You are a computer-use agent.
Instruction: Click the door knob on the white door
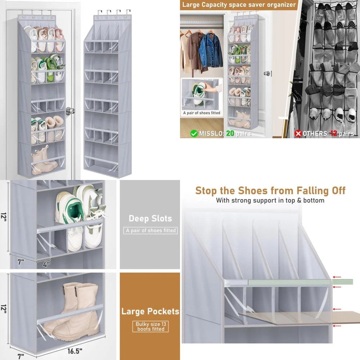coord(70,111)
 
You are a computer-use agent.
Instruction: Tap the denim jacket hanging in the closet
coord(211,50)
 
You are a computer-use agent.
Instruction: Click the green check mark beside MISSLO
coord(194,134)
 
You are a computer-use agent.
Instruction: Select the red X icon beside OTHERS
coord(298,134)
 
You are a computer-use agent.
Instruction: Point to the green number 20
coord(230,134)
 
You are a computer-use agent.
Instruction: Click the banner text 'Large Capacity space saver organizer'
coord(239,5)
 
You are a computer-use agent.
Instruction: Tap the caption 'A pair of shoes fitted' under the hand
coord(202,113)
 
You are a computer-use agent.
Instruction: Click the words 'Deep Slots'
coord(150,219)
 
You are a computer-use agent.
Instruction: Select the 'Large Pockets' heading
coord(150,311)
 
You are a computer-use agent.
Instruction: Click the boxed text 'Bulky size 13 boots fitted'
coord(150,327)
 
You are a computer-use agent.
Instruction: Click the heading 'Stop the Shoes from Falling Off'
coord(270,190)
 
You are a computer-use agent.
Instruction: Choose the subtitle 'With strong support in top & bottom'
coord(270,201)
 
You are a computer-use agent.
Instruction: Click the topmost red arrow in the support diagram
coord(337,277)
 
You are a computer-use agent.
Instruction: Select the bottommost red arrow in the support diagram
coord(337,326)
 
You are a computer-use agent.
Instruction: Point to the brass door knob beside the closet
coord(267,73)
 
